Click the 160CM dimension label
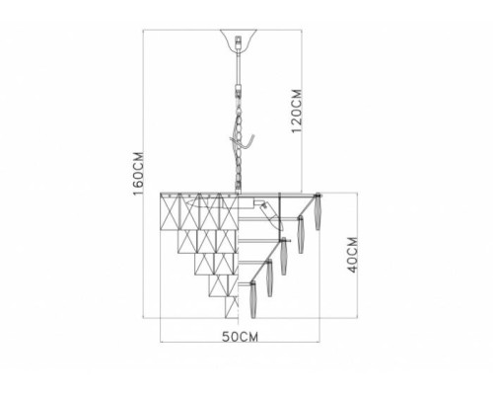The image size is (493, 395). click(138, 174)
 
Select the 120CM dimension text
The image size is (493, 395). click(297, 111)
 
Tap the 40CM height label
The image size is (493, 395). click(353, 255)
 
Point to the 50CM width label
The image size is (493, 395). click(240, 337)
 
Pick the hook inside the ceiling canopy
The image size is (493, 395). click(239, 41)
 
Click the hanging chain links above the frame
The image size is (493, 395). click(239, 138)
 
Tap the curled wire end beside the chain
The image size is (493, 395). click(248, 141)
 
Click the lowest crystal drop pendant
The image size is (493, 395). click(253, 300)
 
